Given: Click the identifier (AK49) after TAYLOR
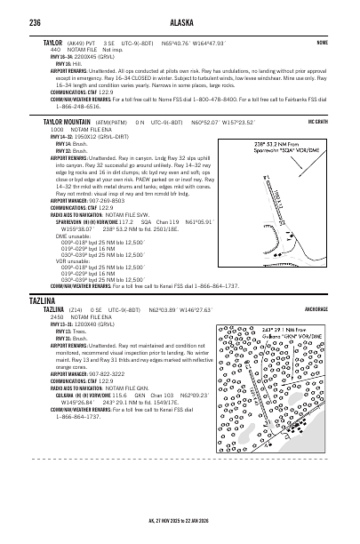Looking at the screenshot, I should [74, 42].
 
